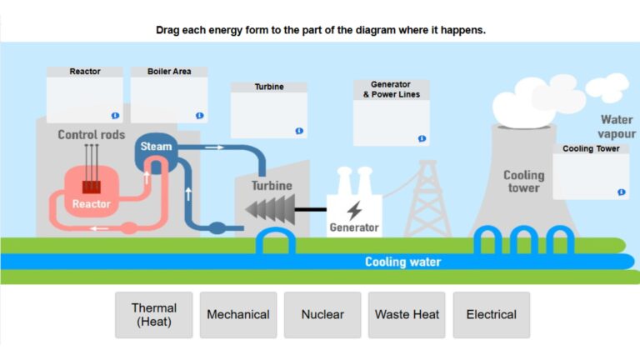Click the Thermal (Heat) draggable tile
(x=153, y=314)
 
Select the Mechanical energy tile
(x=237, y=314)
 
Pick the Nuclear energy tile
(x=322, y=314)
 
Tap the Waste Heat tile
(x=407, y=314)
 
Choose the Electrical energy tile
(x=491, y=314)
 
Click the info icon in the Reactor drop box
(x=115, y=116)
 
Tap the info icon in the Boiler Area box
(x=200, y=116)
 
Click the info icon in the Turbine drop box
(x=299, y=131)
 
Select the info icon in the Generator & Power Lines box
(x=422, y=138)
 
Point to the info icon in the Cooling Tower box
(x=621, y=192)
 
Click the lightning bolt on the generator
(x=354, y=210)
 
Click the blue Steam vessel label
(x=156, y=147)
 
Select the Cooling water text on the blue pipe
(x=402, y=262)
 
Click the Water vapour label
(x=616, y=127)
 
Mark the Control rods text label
(x=91, y=134)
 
